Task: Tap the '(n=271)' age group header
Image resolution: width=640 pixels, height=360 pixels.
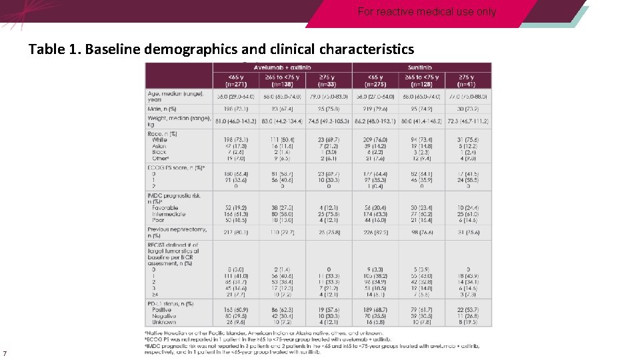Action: [x=236, y=84]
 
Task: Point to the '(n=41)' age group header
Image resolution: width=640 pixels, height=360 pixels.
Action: [x=467, y=84]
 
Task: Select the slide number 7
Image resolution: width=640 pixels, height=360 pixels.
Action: [x=5, y=353]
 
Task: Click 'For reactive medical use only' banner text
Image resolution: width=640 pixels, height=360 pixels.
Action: [x=427, y=12]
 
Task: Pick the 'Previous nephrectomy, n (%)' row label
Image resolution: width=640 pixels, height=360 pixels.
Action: [x=177, y=233]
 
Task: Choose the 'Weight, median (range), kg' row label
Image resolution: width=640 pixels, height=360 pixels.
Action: [x=178, y=121]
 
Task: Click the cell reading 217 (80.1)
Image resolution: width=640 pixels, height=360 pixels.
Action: [x=236, y=233]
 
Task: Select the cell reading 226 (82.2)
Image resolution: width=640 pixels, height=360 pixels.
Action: [x=375, y=233]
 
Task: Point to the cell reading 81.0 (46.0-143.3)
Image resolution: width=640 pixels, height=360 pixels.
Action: [x=236, y=121]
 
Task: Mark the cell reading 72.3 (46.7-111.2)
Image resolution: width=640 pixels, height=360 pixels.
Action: [x=467, y=121]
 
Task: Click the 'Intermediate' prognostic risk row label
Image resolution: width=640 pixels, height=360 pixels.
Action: [x=169, y=213]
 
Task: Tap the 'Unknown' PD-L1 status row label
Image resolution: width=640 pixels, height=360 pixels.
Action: [x=165, y=321]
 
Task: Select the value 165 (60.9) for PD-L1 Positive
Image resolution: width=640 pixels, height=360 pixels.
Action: [x=236, y=310]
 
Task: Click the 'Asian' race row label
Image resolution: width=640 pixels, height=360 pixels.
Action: [x=160, y=145]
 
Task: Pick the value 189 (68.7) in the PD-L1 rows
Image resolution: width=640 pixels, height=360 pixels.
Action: [x=375, y=310]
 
